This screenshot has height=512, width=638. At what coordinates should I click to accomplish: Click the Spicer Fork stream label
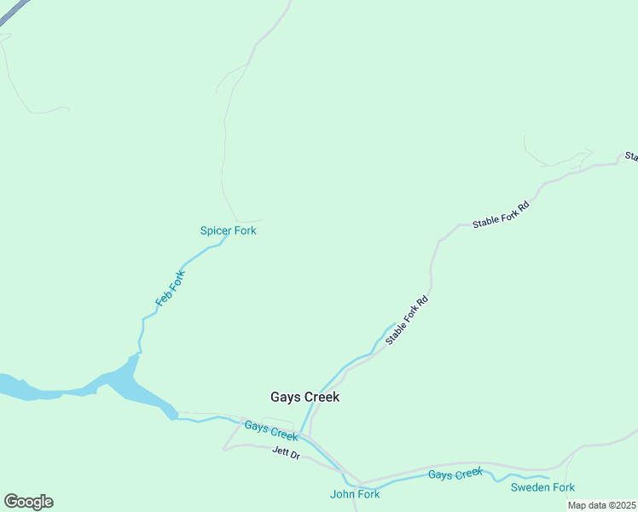pos(228,230)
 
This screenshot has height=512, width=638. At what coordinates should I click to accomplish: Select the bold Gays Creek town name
pos(304,397)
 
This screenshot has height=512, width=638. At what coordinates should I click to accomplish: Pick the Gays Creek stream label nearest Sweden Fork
pos(455,474)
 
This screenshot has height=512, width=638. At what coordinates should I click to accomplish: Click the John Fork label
pos(354,494)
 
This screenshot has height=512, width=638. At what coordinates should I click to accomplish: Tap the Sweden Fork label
pos(542,487)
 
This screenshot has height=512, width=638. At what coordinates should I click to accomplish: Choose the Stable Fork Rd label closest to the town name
pos(407,320)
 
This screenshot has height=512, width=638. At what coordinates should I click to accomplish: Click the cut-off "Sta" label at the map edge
pos(631,156)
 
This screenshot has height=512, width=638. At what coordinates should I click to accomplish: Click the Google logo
pos(28,502)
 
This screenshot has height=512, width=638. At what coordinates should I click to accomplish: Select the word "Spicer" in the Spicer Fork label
pos(216,230)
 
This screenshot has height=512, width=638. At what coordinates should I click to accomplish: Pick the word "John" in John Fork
pos(342,494)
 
